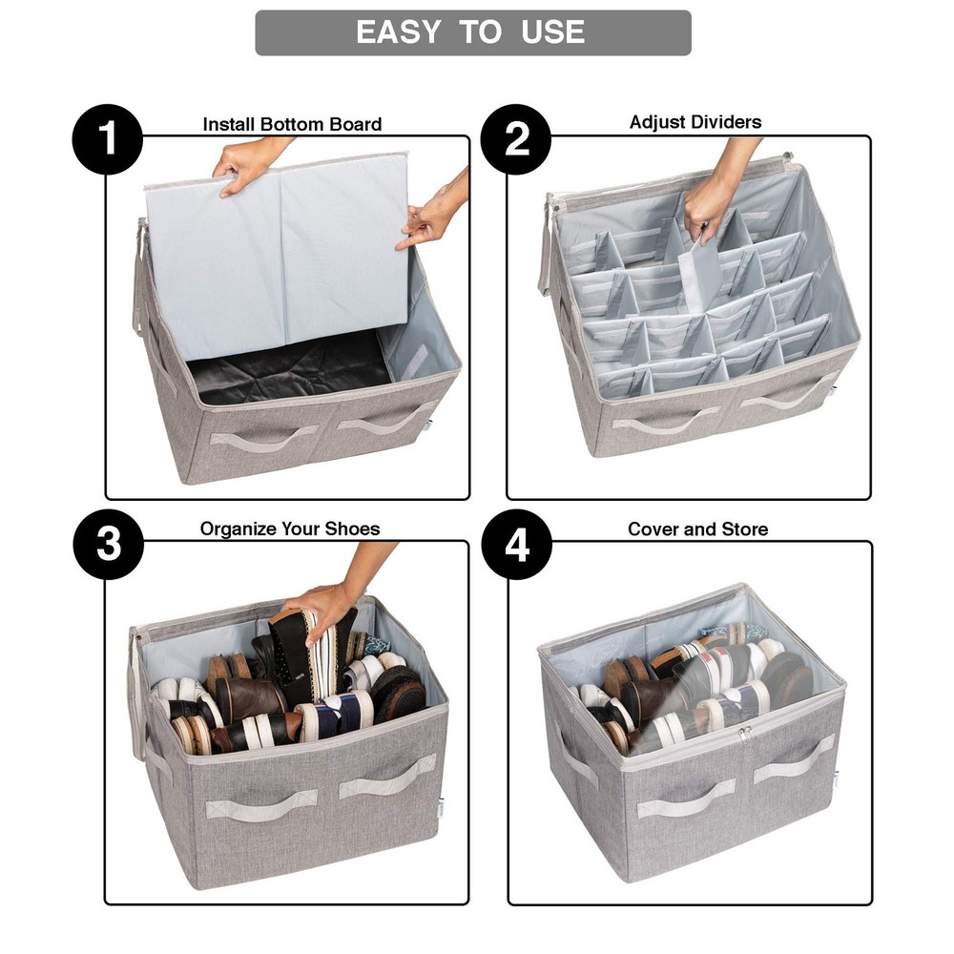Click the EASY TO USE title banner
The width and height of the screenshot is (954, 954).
point(473,32)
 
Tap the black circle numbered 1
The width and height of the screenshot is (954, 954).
point(108,140)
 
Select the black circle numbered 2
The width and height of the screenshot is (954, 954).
point(516,140)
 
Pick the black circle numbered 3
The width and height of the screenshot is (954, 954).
point(108,545)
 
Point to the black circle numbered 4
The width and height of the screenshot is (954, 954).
point(516,545)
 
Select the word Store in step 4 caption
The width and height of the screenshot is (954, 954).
point(745,529)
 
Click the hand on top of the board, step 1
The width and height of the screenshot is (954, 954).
point(244,166)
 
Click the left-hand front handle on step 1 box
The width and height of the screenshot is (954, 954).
point(262,438)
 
